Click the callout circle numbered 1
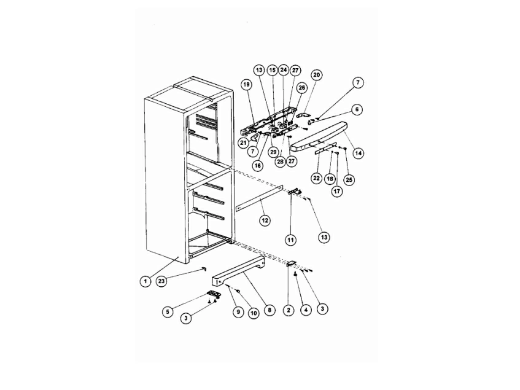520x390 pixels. [146, 281]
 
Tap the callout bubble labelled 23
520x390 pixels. [161, 281]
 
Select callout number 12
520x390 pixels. [265, 220]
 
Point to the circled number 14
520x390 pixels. [358, 153]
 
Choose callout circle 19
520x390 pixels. [246, 85]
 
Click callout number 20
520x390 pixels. [316, 75]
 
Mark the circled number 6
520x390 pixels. [357, 109]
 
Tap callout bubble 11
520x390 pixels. [291, 240]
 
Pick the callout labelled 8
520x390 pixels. [270, 310]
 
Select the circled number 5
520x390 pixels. [168, 312]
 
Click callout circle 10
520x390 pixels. [254, 313]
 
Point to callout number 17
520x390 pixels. [338, 192]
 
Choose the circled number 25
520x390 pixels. [349, 180]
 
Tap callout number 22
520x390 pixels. [316, 179]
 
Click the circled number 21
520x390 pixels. [243, 142]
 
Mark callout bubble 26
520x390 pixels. [302, 88]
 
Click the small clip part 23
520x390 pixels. [204, 268]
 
